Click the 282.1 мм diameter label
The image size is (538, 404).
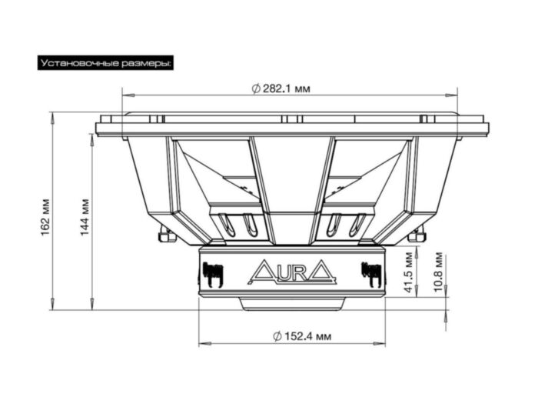click(281, 89)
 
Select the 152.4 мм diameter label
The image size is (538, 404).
click(303, 336)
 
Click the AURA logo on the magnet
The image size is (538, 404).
click(291, 272)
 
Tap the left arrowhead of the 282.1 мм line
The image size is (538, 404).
click(125, 95)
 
